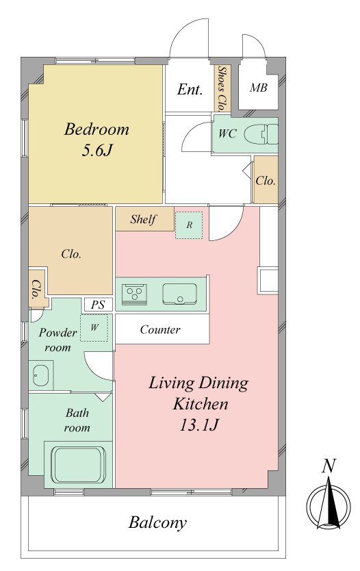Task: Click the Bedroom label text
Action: [x=97, y=129]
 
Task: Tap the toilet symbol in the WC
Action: [x=261, y=134]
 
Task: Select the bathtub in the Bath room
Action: [x=79, y=464]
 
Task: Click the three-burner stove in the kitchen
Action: [x=134, y=292]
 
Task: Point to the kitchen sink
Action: [x=179, y=294]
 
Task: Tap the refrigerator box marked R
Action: [x=189, y=225]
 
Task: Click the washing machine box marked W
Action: [x=94, y=328]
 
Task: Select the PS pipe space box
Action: [x=98, y=305]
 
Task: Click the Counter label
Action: [x=160, y=329]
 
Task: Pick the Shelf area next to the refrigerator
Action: [x=145, y=219]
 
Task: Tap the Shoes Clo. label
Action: [x=221, y=88]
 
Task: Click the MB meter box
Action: [x=259, y=88]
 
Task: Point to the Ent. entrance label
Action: [x=190, y=89]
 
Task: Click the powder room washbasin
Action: [x=41, y=375]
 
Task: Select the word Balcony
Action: [x=157, y=523]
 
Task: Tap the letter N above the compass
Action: [x=329, y=466]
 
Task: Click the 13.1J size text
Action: [x=198, y=424]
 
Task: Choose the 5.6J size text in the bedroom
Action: [x=97, y=150]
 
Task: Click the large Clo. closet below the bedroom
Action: [x=71, y=254]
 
